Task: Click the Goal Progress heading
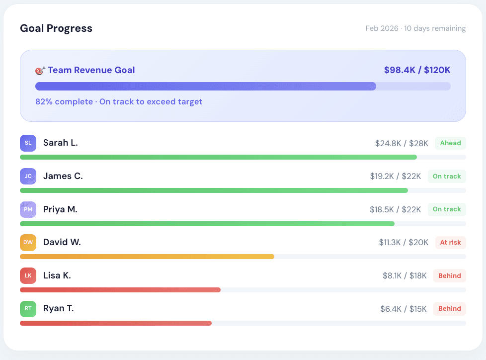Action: click(x=56, y=28)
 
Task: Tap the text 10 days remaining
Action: click(x=435, y=28)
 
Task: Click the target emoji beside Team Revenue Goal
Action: click(x=40, y=70)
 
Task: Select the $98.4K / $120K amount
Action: click(x=417, y=70)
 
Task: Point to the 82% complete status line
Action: click(x=119, y=101)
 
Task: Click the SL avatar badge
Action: click(x=28, y=143)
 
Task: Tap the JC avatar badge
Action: click(x=28, y=176)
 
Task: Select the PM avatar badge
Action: click(x=28, y=209)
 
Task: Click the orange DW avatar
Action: click(x=28, y=243)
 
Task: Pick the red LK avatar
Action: click(x=28, y=275)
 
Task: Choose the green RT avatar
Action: click(x=28, y=309)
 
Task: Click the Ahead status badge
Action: click(x=450, y=143)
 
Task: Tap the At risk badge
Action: click(x=450, y=243)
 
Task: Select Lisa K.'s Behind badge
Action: click(x=449, y=275)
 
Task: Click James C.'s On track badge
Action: click(x=447, y=176)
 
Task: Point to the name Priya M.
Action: click(x=60, y=209)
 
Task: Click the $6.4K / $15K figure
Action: click(x=403, y=309)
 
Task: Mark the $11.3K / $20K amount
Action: click(x=403, y=243)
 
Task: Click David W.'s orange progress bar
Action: click(x=147, y=257)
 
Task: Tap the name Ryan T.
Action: click(x=58, y=308)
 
